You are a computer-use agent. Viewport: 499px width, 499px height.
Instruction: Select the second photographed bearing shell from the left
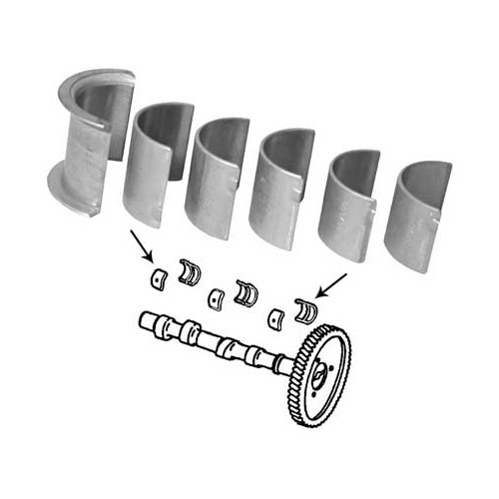[x=155, y=165]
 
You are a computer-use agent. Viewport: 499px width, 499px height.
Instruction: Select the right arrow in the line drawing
[x=330, y=283]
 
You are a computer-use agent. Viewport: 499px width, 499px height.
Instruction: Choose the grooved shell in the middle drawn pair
[x=245, y=291]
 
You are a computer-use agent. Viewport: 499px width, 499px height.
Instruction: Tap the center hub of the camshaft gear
[x=321, y=376]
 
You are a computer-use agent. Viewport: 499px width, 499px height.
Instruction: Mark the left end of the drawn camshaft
[x=145, y=322]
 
